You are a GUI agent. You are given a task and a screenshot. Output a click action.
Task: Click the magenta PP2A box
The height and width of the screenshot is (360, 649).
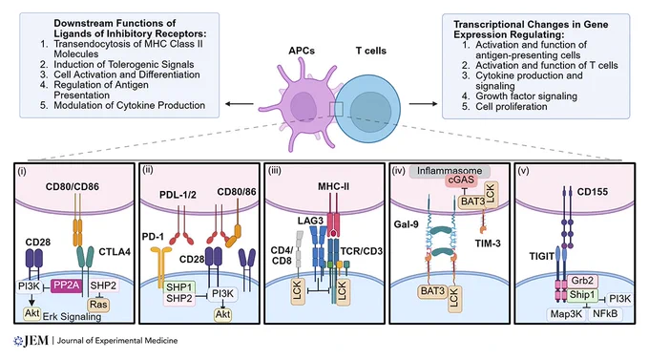pyautogui.click(x=67, y=286)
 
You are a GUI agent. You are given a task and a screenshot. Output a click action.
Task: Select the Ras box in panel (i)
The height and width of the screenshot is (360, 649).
pyautogui.click(x=98, y=305)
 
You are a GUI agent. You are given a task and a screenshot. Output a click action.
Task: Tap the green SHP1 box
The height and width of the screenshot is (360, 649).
pyautogui.click(x=179, y=287)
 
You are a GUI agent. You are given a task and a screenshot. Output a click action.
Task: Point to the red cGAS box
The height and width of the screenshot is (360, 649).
pyautogui.click(x=461, y=180)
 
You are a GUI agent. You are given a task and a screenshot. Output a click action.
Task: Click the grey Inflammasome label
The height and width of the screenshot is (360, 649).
pyautogui.click(x=450, y=171)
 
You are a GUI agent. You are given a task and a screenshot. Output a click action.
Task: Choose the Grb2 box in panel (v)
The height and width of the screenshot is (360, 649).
pyautogui.click(x=582, y=281)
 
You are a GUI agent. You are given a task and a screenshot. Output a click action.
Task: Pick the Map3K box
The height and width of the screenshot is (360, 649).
pyautogui.click(x=566, y=314)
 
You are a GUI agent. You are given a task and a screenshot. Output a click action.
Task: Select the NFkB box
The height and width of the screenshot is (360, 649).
pyautogui.click(x=605, y=313)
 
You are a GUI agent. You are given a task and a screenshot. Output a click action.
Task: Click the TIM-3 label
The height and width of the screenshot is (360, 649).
pyautogui.click(x=488, y=244)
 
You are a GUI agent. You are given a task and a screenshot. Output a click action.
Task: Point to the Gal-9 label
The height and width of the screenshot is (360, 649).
pyautogui.click(x=406, y=224)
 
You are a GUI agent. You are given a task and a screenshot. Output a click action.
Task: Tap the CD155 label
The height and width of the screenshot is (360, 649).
pyautogui.click(x=593, y=192)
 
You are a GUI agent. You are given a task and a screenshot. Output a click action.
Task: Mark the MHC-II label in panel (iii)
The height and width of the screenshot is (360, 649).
pyautogui.click(x=333, y=186)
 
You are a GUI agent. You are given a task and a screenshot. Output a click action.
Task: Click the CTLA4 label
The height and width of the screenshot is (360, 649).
pyautogui.click(x=115, y=251)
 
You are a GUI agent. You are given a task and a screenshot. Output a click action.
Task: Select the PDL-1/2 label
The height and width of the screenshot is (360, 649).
pyautogui.click(x=178, y=194)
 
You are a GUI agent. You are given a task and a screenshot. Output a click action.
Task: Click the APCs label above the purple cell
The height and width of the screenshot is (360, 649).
pyautogui.click(x=302, y=51)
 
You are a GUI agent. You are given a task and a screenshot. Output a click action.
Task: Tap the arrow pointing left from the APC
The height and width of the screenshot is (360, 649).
pyautogui.click(x=240, y=103)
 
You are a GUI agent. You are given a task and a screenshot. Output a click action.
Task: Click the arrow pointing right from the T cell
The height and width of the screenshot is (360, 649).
pyautogui.click(x=423, y=103)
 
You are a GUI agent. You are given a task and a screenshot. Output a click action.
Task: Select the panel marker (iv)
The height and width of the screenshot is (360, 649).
pyautogui.click(x=398, y=171)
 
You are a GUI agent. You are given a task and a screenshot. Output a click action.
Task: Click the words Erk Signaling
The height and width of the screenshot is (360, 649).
pyautogui.click(x=72, y=316)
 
